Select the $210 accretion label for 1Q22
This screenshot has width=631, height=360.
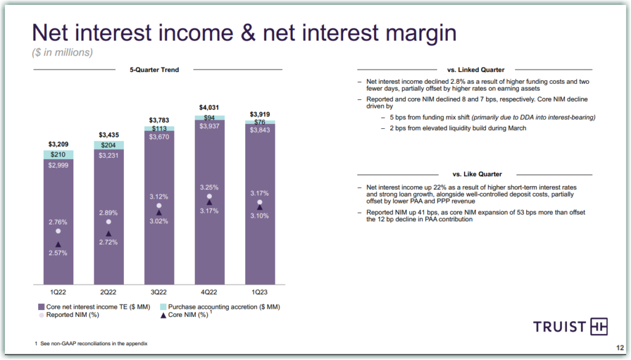tap(58, 154)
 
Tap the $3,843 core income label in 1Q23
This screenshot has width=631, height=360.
tap(260, 129)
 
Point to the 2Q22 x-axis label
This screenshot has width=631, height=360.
tap(108, 292)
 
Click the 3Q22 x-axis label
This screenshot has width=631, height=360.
tap(159, 292)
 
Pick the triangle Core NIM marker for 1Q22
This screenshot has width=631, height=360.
tap(58, 244)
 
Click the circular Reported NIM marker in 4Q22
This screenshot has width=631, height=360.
tap(210, 196)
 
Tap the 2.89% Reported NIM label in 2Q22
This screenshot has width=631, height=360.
tap(108, 212)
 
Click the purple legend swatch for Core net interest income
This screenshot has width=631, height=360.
tap(41, 306)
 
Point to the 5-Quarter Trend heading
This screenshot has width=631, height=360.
tap(154, 70)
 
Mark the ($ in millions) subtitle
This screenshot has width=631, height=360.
tap(62, 52)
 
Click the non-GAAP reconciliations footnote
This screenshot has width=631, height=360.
tap(92, 343)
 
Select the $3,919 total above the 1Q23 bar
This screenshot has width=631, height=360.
tap(260, 114)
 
